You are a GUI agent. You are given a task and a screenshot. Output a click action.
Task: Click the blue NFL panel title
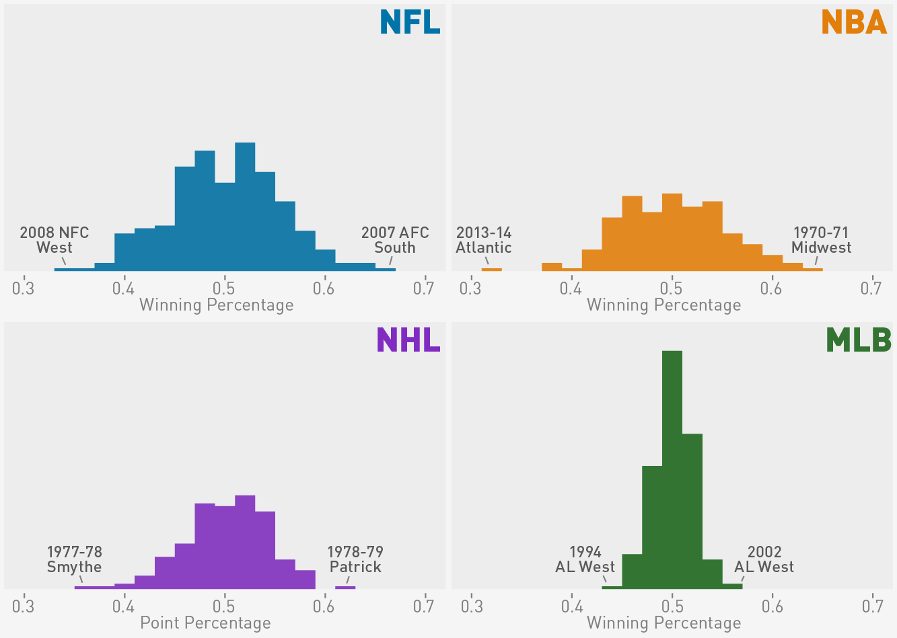coord(410,22)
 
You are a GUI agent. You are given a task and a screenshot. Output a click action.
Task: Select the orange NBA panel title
coord(854,22)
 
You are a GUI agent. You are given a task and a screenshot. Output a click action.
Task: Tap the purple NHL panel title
coord(408,340)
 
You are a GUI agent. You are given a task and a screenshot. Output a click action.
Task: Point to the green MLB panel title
coord(858,340)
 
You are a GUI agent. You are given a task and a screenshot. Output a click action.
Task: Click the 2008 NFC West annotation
coord(55,240)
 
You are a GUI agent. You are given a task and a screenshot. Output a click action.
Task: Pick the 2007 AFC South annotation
coord(395,240)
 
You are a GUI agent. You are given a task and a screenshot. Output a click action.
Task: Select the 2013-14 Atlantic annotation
coord(484,240)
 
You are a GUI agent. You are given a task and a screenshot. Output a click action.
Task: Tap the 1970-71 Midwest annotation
coord(821,240)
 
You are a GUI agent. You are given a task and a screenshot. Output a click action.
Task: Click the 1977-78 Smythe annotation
coord(74,559)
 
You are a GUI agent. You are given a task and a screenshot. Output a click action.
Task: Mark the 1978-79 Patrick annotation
coord(355,559)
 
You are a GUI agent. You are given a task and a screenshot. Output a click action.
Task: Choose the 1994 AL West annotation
coord(585,559)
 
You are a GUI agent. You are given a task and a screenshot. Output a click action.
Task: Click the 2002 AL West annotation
coord(764,559)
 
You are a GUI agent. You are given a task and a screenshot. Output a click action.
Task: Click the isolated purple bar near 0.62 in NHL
coord(345,588)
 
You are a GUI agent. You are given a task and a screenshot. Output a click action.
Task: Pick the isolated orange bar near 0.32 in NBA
coord(491,270)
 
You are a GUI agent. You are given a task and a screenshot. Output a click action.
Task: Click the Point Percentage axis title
coord(205,623)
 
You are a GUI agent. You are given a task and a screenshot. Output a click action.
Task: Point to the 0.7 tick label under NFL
coord(424,289)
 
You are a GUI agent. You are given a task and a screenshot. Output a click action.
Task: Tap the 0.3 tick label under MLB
coord(472,607)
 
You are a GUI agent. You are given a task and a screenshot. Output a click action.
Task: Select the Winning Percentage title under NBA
coord(663,305)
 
